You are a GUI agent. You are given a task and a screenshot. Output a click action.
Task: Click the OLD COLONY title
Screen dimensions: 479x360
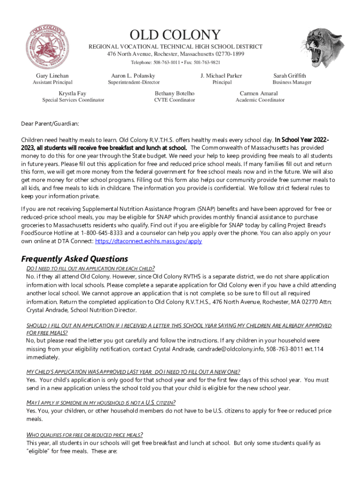pos(175,35)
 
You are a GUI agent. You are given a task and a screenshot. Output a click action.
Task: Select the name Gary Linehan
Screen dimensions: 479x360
pos(52,76)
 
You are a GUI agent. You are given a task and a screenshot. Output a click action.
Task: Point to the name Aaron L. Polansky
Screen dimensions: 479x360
pos(133,76)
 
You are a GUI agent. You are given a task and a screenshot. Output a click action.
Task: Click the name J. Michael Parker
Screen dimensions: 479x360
pos(221,76)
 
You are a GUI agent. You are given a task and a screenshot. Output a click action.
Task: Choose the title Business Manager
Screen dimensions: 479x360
pos(292,83)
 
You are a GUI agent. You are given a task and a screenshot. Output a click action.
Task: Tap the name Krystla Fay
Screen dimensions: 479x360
pos(72,94)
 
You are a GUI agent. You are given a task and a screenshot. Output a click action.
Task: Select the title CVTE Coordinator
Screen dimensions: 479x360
pos(174,100)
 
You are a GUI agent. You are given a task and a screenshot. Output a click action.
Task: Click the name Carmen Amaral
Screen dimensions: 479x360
pos(259,94)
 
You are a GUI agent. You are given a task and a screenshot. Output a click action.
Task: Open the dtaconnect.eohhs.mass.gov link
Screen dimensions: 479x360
pos(148,241)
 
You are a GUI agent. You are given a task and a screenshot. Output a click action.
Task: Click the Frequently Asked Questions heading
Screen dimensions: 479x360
pos(75,259)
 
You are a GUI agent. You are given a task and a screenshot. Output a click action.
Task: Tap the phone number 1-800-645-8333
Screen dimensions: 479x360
pos(102,233)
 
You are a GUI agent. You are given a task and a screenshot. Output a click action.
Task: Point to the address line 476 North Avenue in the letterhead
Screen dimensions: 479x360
pos(175,54)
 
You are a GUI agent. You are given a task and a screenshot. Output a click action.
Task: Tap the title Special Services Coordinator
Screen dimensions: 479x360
pos(73,100)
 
